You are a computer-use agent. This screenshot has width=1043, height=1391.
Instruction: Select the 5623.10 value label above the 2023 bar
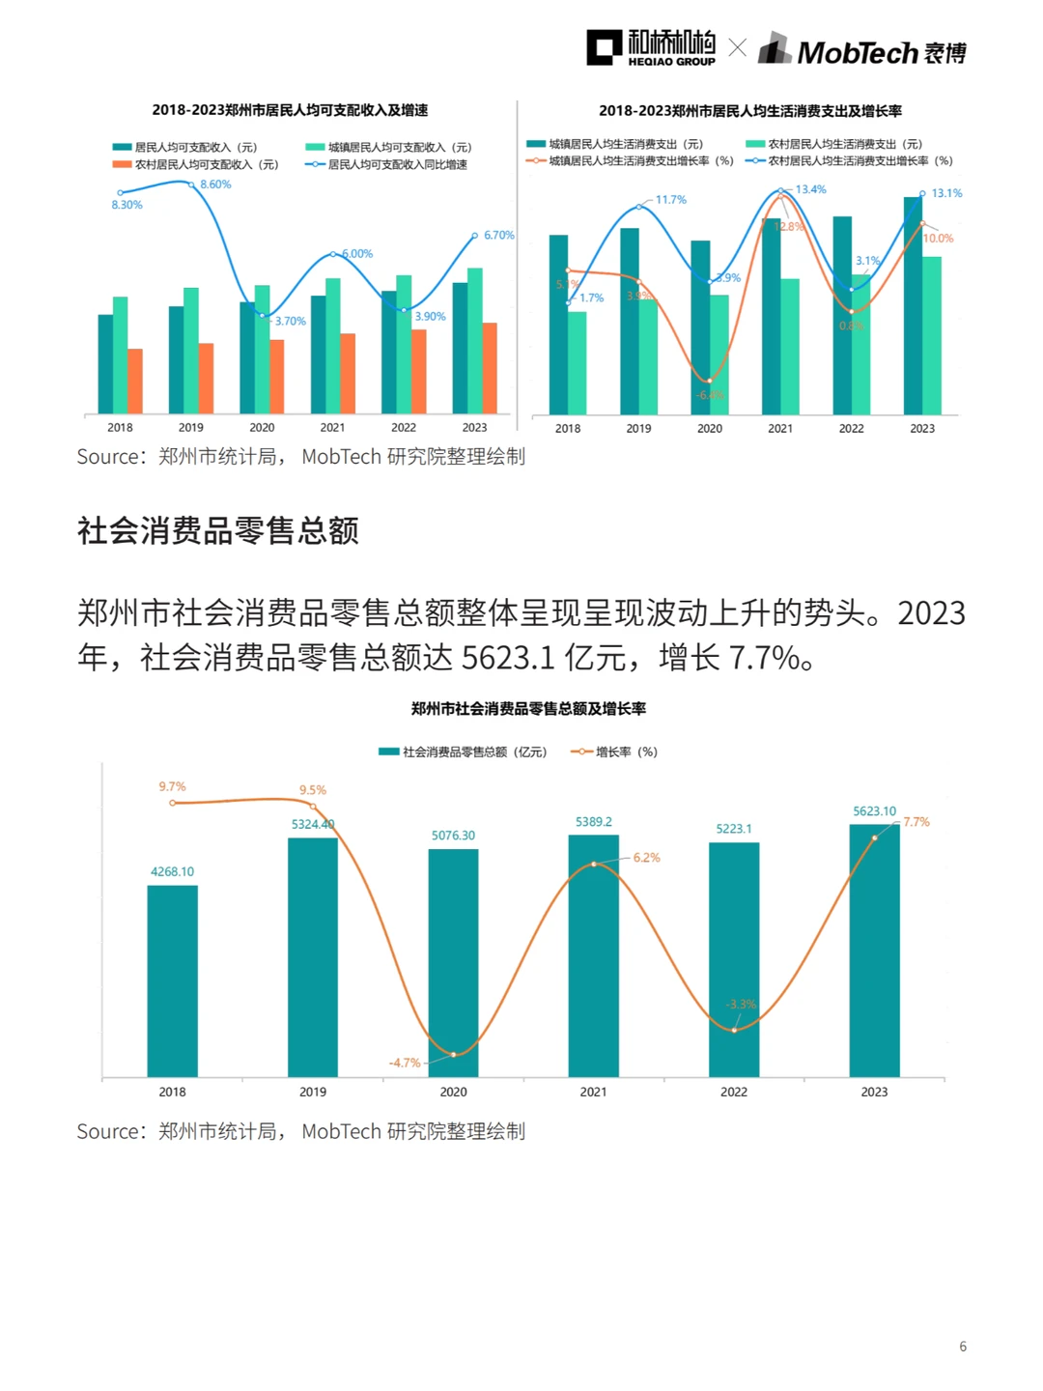874,811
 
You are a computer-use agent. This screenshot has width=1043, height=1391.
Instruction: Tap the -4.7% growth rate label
405,1063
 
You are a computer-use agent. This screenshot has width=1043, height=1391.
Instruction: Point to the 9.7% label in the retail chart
172,787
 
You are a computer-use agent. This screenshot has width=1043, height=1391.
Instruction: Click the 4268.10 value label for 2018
172,871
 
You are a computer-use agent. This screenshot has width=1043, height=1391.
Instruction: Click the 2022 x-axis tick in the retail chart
734,1092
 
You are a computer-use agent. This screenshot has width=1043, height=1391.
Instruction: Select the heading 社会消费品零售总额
218,531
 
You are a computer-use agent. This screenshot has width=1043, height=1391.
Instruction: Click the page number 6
963,1347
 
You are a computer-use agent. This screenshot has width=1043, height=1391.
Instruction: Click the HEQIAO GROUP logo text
671,62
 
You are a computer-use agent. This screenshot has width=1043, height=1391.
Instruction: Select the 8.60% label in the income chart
215,185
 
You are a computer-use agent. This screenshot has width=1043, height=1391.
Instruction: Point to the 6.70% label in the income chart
498,236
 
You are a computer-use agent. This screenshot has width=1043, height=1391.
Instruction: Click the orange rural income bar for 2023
490,368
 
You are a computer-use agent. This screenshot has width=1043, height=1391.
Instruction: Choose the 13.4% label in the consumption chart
810,189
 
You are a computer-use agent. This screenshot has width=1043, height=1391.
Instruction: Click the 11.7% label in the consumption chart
670,200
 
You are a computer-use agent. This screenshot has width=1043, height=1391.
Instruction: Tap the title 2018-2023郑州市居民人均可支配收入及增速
290,110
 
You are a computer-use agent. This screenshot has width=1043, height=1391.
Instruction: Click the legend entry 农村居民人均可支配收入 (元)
206,165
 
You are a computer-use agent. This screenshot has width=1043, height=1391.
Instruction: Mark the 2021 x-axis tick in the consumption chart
780,428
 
